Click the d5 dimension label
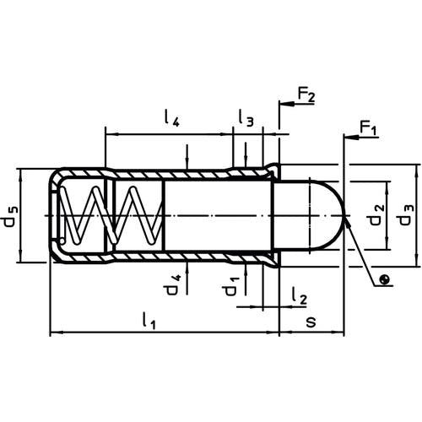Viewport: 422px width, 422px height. pos(10,216)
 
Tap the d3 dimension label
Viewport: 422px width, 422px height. pos(407,214)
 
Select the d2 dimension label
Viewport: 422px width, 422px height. pos(376,214)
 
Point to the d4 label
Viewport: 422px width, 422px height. pos(172,285)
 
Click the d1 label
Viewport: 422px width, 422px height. pos(232,286)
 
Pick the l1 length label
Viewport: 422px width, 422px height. pos(149,321)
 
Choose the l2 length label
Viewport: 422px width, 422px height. pos(299,296)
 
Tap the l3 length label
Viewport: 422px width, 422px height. pos(246,118)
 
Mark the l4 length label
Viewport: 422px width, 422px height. pos(171,118)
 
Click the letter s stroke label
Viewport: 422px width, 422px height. pos(311,322)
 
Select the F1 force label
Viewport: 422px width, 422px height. pos(368,129)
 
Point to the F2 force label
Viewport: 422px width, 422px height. pos(306,95)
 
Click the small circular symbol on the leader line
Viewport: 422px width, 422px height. pos(385,279)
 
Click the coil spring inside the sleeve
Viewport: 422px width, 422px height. pos(111,215)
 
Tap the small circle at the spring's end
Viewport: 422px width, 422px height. pos(62,241)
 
